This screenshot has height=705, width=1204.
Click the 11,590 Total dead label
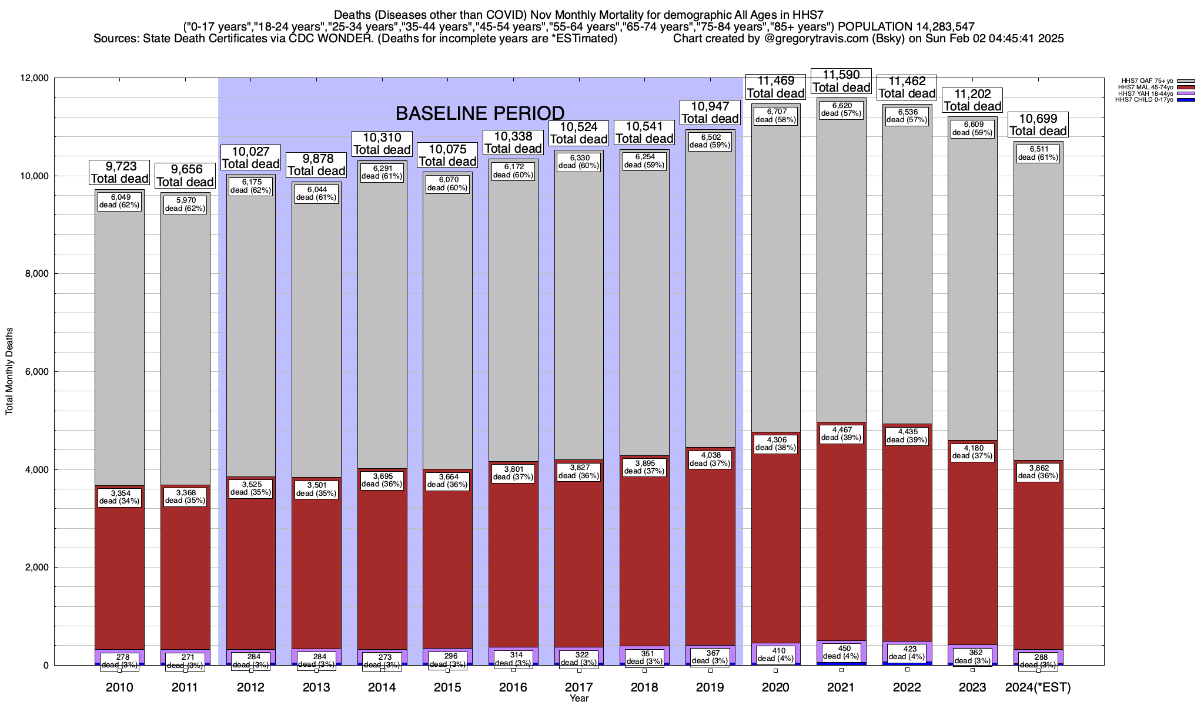coord(841,81)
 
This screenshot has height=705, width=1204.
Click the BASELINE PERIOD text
coord(480,113)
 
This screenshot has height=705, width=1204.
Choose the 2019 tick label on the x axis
coord(710,687)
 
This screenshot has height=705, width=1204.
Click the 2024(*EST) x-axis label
coord(1038,687)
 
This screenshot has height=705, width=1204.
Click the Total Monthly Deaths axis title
coord(9,371)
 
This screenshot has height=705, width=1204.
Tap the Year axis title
coord(579,699)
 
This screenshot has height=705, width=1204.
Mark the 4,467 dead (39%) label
coord(841,434)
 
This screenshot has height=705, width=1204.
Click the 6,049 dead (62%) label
coord(119,201)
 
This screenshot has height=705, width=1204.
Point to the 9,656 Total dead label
coord(185,176)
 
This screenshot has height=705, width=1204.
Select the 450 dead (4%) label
coord(841,652)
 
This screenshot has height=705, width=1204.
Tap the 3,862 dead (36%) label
coord(1038,472)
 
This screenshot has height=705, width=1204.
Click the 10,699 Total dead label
coord(1038,125)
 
